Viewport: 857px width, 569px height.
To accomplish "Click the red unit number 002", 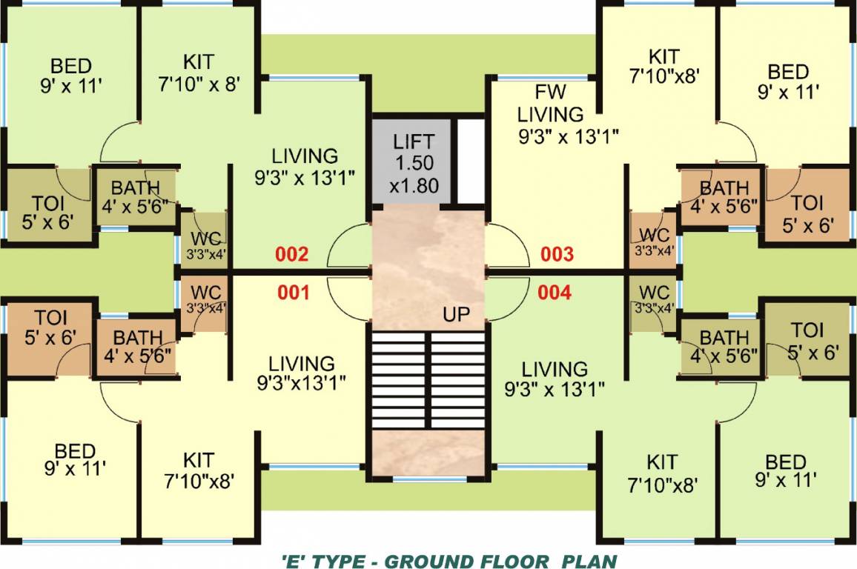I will pos(291,256).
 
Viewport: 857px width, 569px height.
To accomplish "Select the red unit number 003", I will pos(557,255).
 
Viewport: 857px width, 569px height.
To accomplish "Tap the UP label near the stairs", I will pos(457,315).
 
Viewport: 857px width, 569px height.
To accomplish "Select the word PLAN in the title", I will pos(589,559).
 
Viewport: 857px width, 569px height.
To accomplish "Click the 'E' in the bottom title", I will pos(291,559).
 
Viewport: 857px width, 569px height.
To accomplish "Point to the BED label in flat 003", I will pos(787,73).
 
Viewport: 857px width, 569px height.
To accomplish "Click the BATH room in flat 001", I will pos(137,347).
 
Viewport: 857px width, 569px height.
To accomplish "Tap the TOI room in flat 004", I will pos(807,341).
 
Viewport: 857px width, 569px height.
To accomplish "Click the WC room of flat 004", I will pos(653,299).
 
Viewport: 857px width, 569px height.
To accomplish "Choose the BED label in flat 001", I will pos(75,451).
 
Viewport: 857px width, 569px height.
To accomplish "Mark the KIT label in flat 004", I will pos(661,462).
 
